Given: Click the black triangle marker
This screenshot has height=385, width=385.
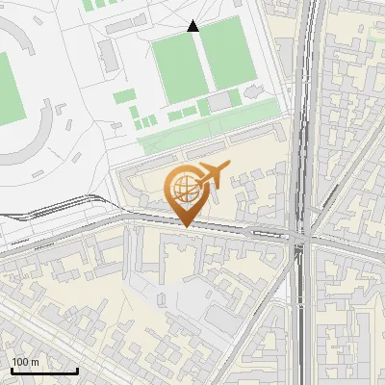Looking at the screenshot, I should pyautogui.click(x=193, y=26).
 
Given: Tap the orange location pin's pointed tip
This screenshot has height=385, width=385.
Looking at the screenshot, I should pyautogui.click(x=186, y=226).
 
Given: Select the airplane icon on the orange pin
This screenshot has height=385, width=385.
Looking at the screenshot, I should pyautogui.click(x=214, y=175).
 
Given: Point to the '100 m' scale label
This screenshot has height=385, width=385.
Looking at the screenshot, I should pyautogui.click(x=25, y=362).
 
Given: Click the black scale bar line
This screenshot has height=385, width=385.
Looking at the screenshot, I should pyautogui.click(x=43, y=371).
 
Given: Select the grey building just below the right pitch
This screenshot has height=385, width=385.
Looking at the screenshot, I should pyautogui.click(x=221, y=101).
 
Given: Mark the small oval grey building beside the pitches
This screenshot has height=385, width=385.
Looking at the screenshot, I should pyautogui.click(x=253, y=91).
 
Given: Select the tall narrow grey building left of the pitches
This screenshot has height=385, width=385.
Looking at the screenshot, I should pyautogui.click(x=107, y=54).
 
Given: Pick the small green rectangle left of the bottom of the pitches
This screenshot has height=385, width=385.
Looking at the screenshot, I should pyautogui.click(x=126, y=96).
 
